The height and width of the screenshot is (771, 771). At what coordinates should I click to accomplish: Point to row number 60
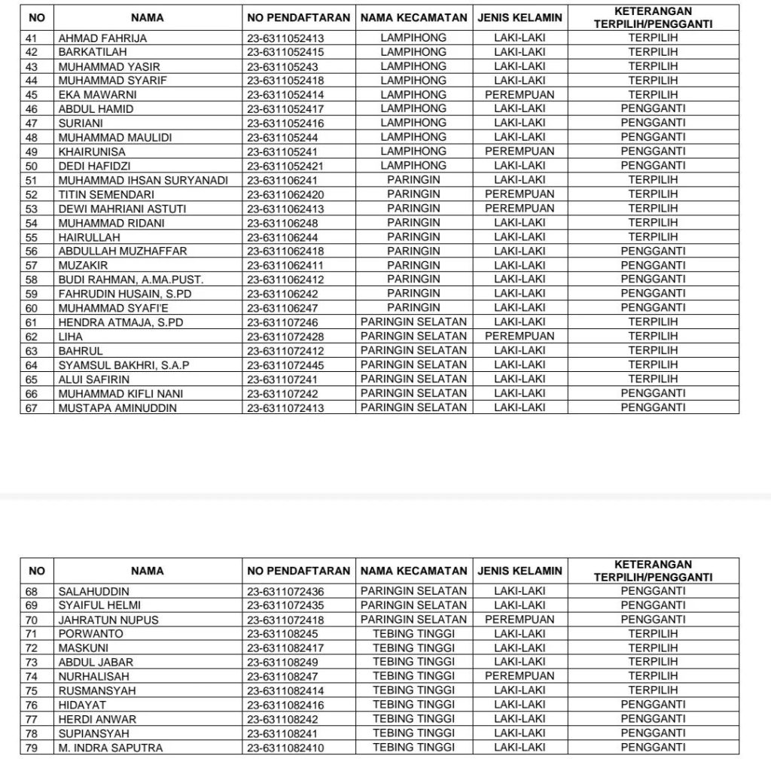[32, 308]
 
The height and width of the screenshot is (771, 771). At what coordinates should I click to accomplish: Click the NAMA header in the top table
[147, 17]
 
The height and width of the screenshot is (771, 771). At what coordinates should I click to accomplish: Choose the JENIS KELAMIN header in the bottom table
[520, 571]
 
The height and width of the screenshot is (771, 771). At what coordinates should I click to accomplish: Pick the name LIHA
[70, 337]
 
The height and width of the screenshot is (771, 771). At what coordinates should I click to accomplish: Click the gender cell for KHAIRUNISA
[520, 151]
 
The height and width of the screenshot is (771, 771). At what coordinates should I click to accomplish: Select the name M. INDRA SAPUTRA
[110, 748]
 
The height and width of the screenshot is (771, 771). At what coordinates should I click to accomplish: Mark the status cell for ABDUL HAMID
[653, 109]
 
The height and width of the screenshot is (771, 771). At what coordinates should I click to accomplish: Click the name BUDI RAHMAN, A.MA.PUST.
[131, 279]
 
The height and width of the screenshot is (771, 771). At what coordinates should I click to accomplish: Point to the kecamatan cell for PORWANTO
[413, 634]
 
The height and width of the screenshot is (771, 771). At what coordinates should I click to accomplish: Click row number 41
[32, 38]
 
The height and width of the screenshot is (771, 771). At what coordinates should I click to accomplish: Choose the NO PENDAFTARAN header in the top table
[298, 17]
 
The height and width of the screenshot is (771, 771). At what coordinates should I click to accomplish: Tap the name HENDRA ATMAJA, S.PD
[120, 322]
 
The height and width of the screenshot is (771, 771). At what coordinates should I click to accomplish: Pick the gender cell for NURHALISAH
[520, 676]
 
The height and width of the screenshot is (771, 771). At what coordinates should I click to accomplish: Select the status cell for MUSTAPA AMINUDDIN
[653, 407]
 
